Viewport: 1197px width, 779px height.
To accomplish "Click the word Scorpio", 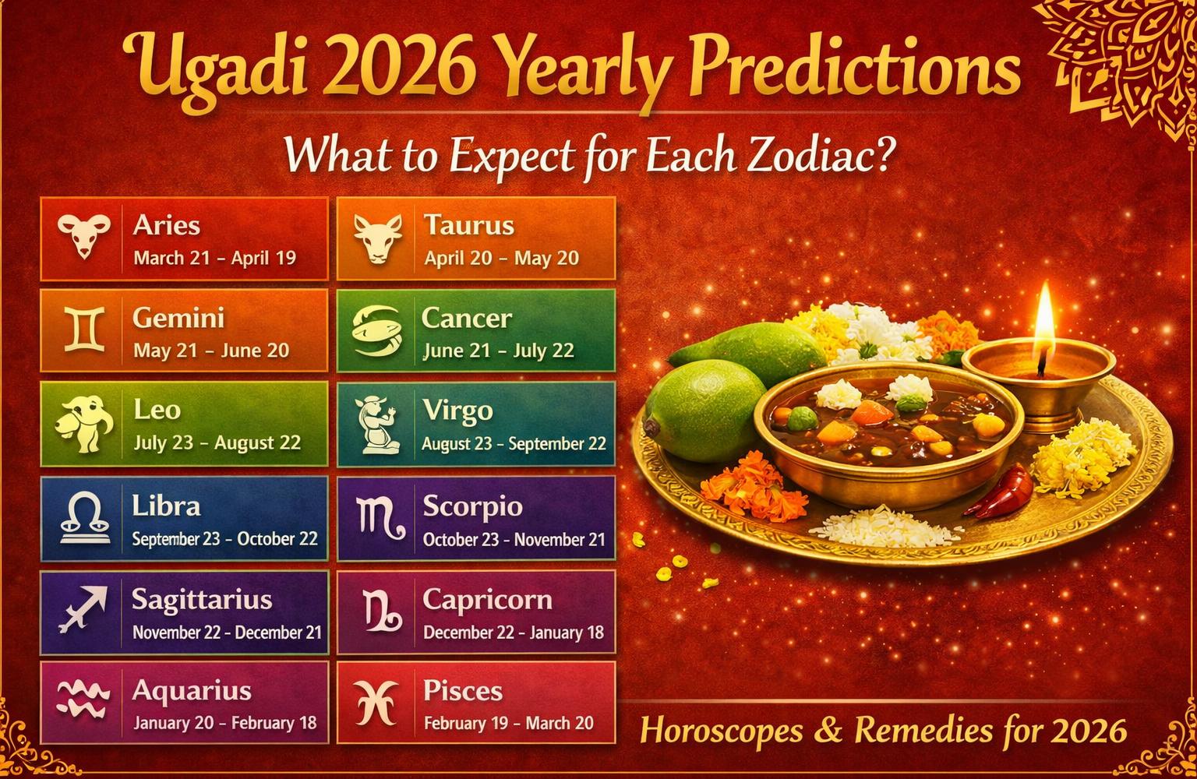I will point(472,506).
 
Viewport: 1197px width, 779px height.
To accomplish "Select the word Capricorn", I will point(487,599).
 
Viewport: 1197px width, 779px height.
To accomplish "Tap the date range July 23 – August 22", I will point(217,443).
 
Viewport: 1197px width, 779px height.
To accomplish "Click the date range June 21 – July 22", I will point(498,351).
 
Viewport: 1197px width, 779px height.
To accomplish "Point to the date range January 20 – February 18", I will point(224,723).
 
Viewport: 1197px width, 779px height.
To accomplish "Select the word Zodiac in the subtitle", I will point(824,156).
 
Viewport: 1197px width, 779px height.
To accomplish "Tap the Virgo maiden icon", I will point(377,425).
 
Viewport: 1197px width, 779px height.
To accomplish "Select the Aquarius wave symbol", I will point(81,699).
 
